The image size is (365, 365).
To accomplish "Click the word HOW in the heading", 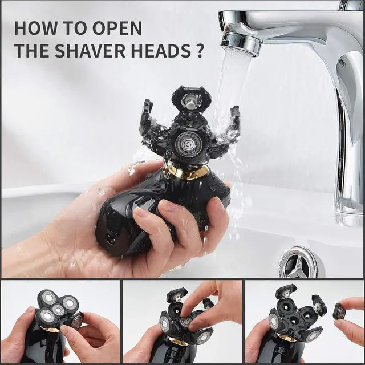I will pos(33,28).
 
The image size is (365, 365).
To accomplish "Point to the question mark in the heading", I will pos(199,50).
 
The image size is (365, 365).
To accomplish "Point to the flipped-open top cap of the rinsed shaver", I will pos(191,99).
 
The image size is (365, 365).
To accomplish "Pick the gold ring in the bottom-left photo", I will pos(51,330).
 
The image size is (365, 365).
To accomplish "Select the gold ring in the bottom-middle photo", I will pos(178,342).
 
